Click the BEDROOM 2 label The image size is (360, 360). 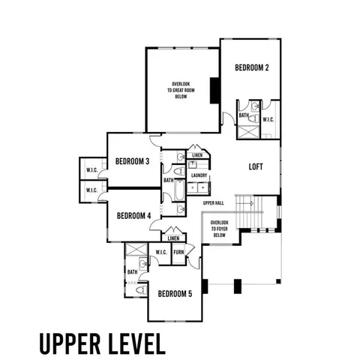click(251, 67)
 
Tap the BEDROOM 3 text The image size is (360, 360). click(132, 161)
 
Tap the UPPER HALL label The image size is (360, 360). click(214, 203)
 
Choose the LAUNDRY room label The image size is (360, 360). click(199, 175)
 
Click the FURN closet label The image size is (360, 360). click(178, 252)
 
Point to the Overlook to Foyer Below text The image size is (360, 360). click(219, 229)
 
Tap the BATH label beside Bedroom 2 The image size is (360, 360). click(244, 115)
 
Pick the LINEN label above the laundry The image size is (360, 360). click(197, 155)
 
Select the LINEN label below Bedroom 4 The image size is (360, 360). click(173, 238)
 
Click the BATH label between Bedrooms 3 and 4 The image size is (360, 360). click(169, 180)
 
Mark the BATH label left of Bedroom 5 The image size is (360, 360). click(132, 271)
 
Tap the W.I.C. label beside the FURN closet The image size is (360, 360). click(160, 252)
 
